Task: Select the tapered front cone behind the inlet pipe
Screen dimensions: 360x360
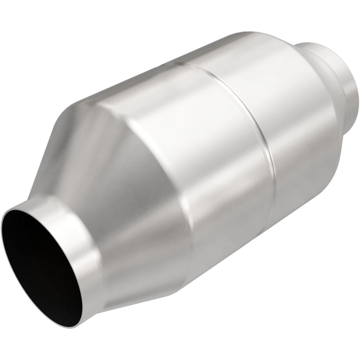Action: pos(121,189)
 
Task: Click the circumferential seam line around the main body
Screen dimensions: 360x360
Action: pos(252,112)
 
